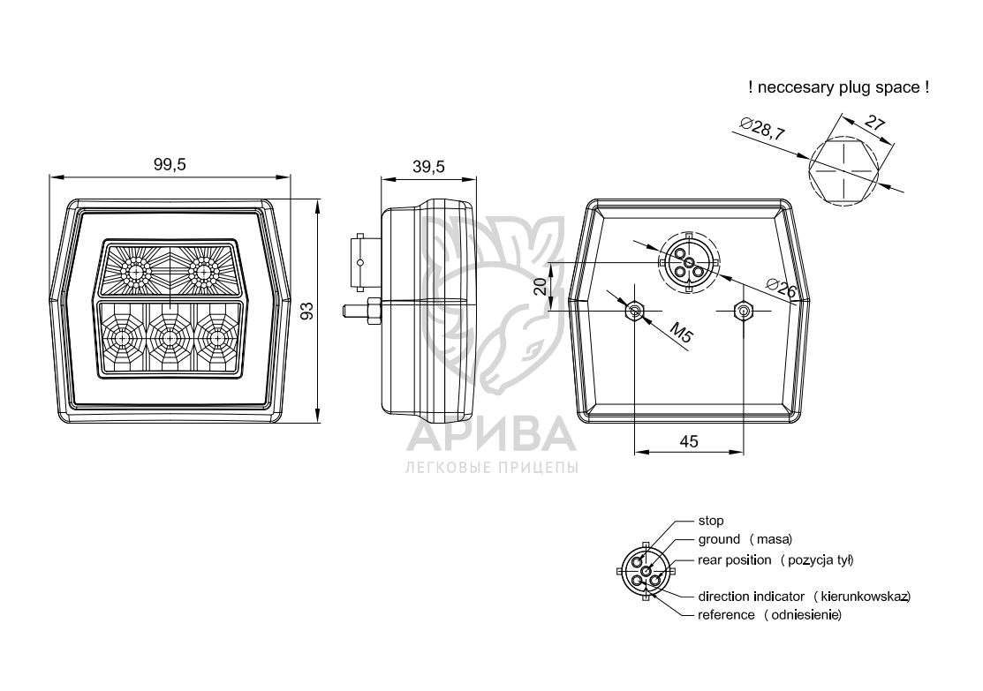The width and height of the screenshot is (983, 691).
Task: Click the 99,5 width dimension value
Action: coord(170,165)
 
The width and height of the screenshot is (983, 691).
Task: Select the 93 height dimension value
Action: coord(306,311)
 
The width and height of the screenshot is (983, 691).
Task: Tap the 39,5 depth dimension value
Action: coord(429,167)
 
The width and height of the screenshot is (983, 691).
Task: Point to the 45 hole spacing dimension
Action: coord(689,441)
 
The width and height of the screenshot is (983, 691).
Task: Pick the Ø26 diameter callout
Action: coord(782,289)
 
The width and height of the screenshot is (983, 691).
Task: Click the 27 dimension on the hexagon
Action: coord(874,123)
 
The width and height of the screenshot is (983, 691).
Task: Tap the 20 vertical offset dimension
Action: coord(540,287)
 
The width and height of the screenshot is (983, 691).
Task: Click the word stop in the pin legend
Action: coord(711,521)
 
